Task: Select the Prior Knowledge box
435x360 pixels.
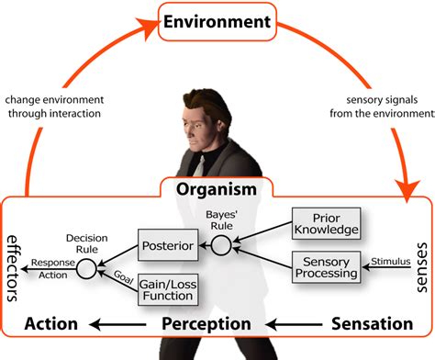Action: coord(326,222)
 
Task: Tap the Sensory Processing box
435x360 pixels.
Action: coord(326,266)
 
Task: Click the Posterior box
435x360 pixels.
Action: coord(166,246)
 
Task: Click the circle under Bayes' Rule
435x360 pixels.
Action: coord(220,245)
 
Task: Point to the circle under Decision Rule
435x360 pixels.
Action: coord(85,268)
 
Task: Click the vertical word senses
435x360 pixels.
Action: coord(423,267)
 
